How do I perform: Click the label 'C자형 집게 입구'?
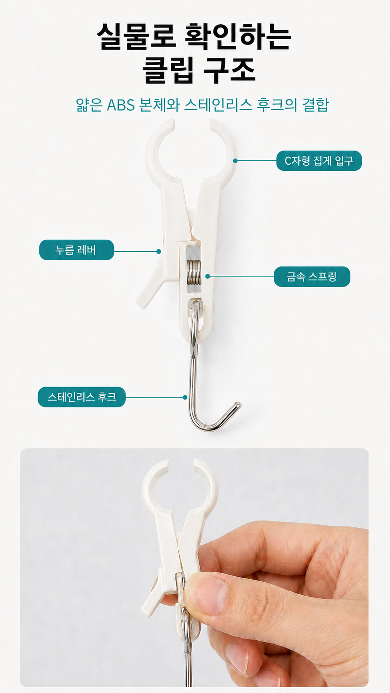pos(319,161)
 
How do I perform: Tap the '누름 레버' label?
pos(77,250)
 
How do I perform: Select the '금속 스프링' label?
pos(312,277)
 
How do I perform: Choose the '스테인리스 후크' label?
pos(82,397)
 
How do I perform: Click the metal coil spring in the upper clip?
pos(194,271)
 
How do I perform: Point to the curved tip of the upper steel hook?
pos(237,406)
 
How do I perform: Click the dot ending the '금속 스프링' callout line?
pos(208,276)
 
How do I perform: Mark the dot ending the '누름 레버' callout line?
pos(159,251)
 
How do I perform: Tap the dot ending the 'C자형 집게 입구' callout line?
pos(235,161)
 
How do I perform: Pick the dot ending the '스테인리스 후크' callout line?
pos(185,397)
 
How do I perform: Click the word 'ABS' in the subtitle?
pos(121,105)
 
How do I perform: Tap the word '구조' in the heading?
pos(230,70)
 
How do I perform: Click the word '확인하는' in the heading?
pos(238,36)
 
